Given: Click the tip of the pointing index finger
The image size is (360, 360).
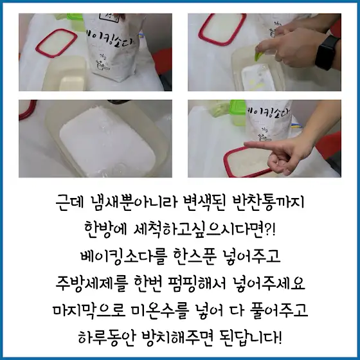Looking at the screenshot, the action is point(245,145).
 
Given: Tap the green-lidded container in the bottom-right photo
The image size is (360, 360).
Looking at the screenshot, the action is point(238,113).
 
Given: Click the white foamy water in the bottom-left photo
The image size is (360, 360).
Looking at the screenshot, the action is point(107,142).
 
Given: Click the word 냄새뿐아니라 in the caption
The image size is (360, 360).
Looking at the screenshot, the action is point(134,203).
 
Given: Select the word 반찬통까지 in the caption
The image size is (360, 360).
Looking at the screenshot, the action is point(268,203).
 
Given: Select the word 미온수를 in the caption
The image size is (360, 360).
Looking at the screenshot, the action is point(160,310).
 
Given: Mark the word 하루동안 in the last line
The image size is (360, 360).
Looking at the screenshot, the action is point(106,337).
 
